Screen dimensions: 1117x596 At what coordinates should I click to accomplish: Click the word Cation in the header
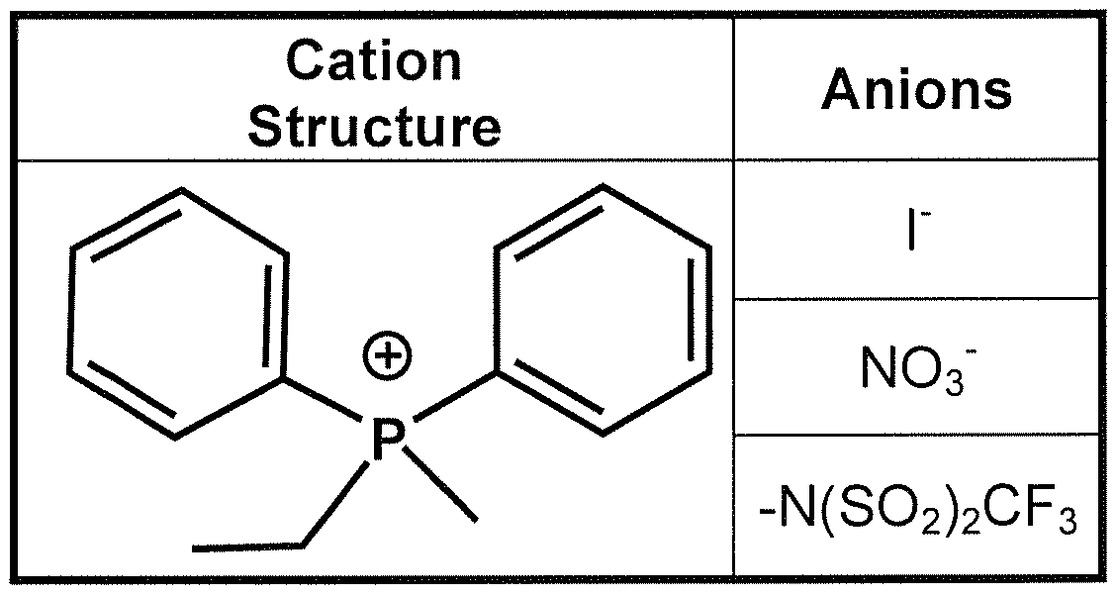tap(374, 62)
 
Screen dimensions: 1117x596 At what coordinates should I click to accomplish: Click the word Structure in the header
tap(374, 127)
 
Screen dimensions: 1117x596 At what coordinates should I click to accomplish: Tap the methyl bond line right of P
tap(443, 483)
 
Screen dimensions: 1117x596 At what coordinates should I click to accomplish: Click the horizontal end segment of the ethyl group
tap(247, 546)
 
